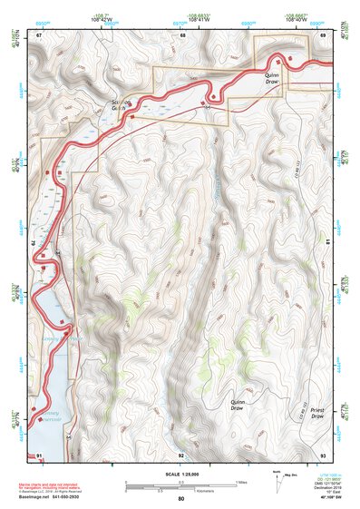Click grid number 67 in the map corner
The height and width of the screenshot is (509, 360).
(x=39, y=34)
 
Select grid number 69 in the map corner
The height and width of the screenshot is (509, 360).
(x=323, y=34)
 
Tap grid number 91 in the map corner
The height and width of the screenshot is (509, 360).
(x=39, y=454)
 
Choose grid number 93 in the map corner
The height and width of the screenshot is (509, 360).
(x=323, y=454)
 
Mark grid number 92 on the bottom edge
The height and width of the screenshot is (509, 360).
(x=181, y=454)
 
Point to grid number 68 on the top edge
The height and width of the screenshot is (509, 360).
(x=181, y=34)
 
